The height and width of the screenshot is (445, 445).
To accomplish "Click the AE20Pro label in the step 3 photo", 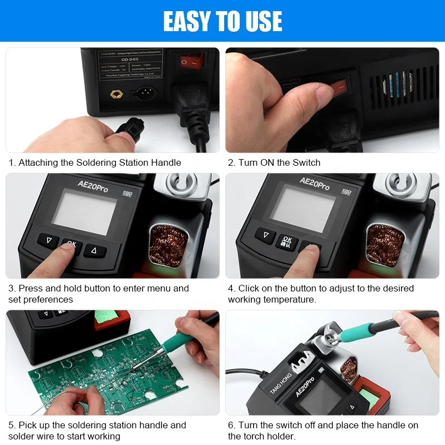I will pyautogui.click(x=93, y=186).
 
